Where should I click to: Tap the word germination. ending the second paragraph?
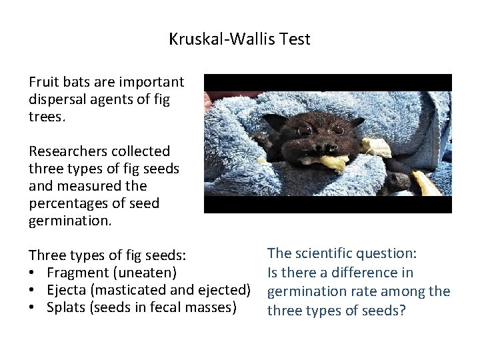(69, 221)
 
